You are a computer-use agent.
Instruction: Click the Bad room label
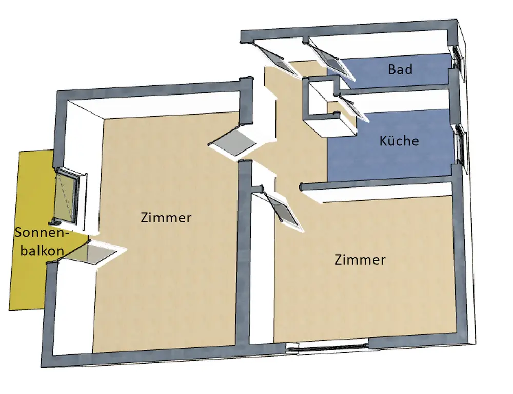400,69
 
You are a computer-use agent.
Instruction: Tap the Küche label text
399,140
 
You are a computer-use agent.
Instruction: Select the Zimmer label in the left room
166,218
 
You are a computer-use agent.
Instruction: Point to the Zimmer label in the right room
360,260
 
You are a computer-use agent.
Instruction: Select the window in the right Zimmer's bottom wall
328,348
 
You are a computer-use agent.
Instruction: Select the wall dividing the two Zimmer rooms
245,257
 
